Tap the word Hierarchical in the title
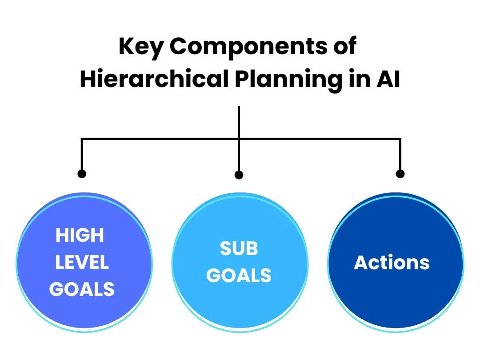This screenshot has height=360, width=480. pos(154,79)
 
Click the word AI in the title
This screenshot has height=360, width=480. pos(388,79)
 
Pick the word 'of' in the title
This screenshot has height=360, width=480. pos(345,45)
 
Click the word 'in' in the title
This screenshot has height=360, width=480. pos(359,79)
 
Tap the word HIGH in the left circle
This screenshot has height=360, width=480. pos(80,235)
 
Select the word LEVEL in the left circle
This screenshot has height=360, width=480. pos(82,262)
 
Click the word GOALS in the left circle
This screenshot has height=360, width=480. pos(82,289)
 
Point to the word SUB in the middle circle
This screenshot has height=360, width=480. pos(239,248)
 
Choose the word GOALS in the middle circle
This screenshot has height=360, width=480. pos(239,276)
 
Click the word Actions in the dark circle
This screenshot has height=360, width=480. pos(392,262)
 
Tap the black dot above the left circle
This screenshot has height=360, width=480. pos(82,174)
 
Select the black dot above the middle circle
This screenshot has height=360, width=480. pos(239,175)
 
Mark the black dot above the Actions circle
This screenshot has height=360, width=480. pos(400,174)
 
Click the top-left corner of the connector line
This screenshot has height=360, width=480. pos(82,139)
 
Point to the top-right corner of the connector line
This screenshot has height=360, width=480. pos(400,139)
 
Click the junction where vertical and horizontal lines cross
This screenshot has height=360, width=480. pos(239,139)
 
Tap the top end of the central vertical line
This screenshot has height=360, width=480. pos(239,106)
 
